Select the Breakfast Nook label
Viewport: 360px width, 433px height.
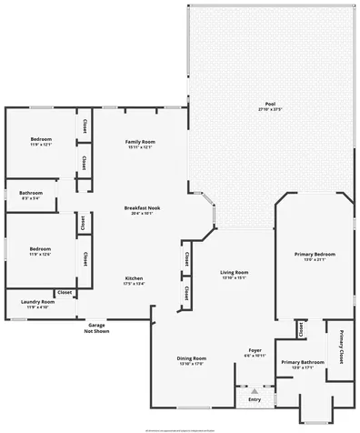[140, 208]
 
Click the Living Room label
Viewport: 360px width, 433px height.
[234, 273]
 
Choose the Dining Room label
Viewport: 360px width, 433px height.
[191, 358]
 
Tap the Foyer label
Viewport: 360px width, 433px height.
[255, 350]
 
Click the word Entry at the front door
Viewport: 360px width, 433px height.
[255, 399]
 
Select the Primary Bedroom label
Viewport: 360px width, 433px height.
[315, 254]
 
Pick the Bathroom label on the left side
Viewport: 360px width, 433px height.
[32, 193]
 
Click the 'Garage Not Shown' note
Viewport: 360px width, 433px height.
[95, 328]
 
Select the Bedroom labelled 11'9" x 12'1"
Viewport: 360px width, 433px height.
[41, 145]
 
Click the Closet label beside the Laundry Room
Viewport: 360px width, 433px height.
[65, 292]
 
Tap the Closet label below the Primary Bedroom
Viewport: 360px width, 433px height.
[299, 328]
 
